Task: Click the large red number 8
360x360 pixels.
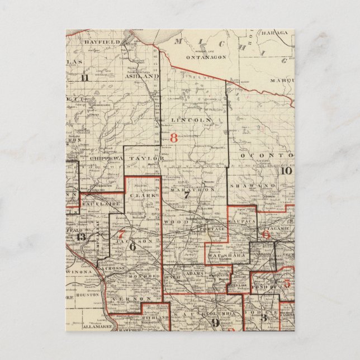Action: point(173,138)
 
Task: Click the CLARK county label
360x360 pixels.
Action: point(141,196)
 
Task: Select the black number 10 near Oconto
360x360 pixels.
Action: point(285,171)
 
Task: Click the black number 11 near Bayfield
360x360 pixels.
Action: point(84,78)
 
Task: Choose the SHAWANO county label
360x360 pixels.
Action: point(256,184)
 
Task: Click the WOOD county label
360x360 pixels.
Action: point(173,222)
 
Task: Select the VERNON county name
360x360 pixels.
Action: point(126,300)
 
